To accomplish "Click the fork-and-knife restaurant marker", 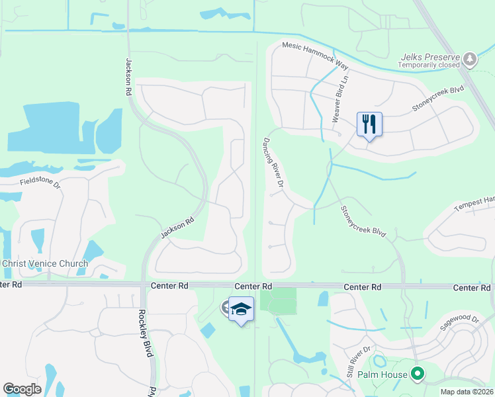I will [x=369, y=124].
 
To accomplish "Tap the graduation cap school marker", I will [x=242, y=310].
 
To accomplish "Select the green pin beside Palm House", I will [x=417, y=375].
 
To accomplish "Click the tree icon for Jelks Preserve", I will [x=470, y=60].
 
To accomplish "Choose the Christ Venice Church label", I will [x=44, y=263].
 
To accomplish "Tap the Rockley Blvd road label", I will [x=141, y=334].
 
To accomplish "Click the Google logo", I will [x=22, y=389].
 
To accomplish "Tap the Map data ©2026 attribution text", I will [x=467, y=392].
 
